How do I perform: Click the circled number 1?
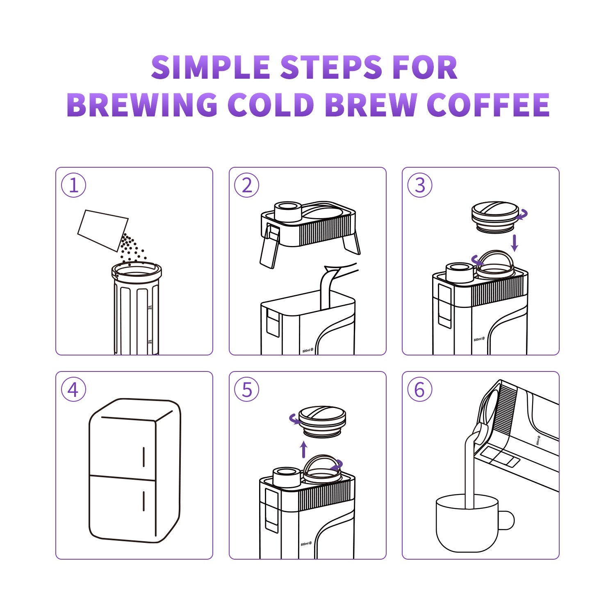[x=74, y=185]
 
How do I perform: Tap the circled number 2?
[x=247, y=185]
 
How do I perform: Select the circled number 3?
[x=420, y=185]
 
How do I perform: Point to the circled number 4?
[x=74, y=389]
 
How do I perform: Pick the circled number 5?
[x=247, y=389]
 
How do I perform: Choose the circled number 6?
[x=420, y=389]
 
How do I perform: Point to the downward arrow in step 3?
[x=515, y=243]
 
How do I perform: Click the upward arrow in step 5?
[x=303, y=449]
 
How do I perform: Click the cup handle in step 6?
[x=508, y=520]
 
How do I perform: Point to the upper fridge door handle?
[x=143, y=457]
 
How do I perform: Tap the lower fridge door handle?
[x=143, y=501]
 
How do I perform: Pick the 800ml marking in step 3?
[x=479, y=339]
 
